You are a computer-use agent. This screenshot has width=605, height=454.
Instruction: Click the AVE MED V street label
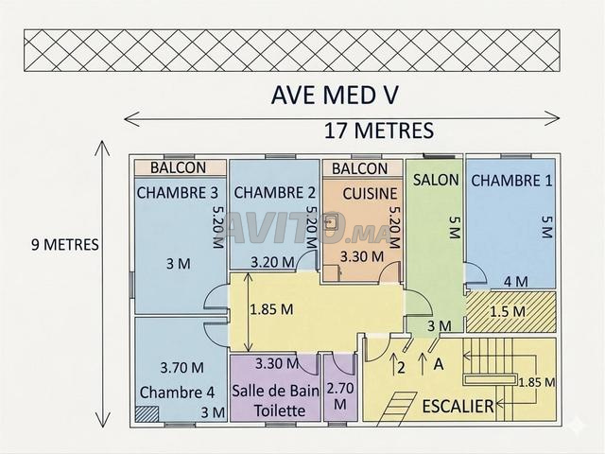click(335, 95)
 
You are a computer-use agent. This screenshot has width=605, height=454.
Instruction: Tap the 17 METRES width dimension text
click(379, 131)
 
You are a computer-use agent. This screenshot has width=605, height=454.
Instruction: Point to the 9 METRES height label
click(65, 244)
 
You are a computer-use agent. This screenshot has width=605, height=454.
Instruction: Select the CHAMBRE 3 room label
click(178, 193)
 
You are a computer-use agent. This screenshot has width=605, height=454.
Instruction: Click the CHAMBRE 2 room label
click(274, 193)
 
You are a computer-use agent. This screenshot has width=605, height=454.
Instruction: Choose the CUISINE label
click(370, 194)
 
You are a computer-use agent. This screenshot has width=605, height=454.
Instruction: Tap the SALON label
click(436, 180)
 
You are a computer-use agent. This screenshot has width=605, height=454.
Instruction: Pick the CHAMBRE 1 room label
click(511, 181)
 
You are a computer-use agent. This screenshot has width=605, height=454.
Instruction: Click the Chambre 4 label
click(177, 393)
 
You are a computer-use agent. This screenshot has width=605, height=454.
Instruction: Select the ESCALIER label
click(458, 406)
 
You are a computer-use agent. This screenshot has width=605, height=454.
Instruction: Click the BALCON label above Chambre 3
click(178, 167)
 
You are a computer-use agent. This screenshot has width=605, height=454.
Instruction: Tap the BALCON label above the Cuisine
click(359, 168)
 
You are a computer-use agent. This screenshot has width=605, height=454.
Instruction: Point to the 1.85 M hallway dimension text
click(271, 309)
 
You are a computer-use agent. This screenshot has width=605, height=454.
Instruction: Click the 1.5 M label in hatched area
click(508, 311)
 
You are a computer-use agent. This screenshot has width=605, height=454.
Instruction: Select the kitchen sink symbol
click(331, 223)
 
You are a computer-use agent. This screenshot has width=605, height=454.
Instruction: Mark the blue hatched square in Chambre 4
click(147, 414)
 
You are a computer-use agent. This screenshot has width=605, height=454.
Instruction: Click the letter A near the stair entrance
click(439, 363)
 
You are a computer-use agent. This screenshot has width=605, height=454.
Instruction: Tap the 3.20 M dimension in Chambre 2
click(272, 263)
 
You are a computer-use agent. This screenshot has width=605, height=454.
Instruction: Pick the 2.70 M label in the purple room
click(340, 396)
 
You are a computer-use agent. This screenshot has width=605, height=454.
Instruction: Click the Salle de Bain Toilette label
click(275, 401)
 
